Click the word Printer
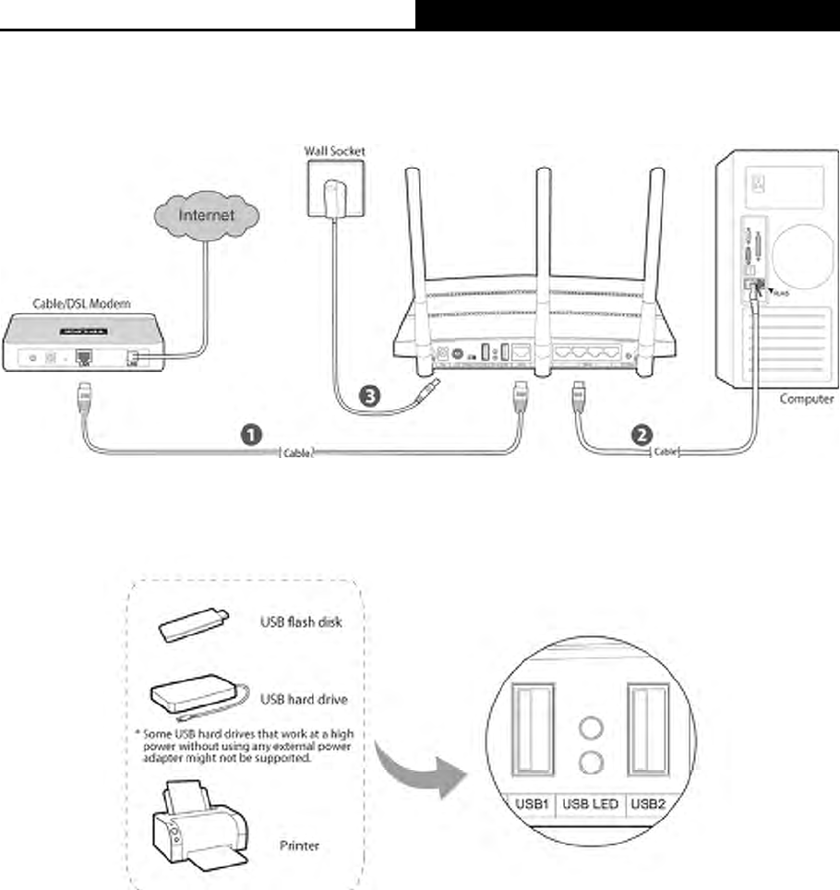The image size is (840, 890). click(x=300, y=845)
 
